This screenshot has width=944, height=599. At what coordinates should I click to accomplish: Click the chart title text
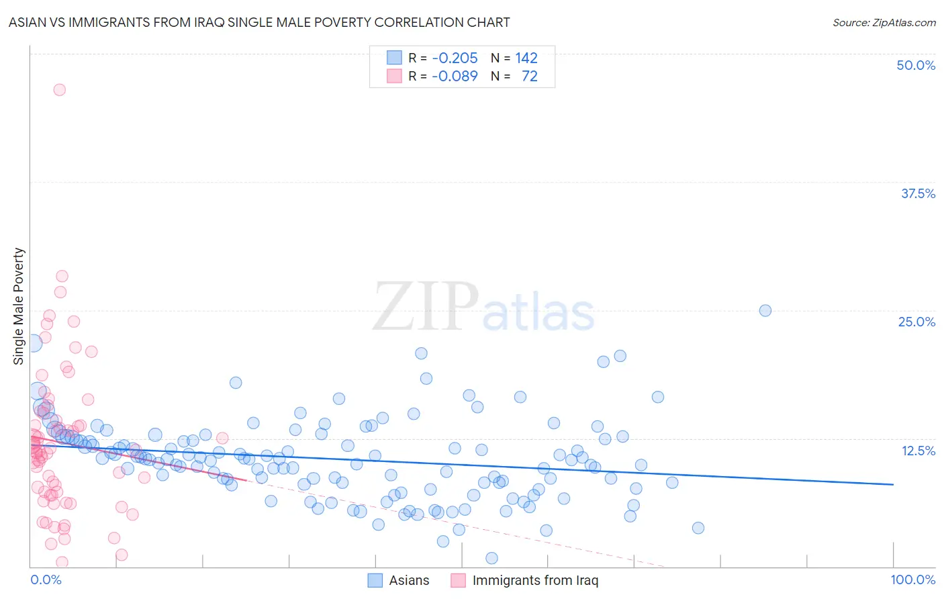259,22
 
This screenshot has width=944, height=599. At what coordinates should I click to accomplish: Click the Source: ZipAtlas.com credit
884,22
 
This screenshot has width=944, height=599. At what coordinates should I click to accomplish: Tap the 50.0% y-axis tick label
916,65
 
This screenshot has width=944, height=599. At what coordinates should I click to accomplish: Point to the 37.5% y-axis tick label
918,193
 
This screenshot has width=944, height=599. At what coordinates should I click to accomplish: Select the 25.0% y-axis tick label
916,322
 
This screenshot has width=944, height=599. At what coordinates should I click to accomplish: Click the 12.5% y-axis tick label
918,451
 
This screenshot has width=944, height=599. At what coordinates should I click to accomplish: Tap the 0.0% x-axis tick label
46,580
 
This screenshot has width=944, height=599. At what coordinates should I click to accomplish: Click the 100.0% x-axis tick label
912,580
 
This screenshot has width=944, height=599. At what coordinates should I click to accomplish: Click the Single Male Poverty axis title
19,306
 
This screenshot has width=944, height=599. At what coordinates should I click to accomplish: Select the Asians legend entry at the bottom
409,580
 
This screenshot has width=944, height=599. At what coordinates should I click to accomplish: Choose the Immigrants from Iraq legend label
535,580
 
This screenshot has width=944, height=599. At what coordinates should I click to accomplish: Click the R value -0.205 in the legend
455,58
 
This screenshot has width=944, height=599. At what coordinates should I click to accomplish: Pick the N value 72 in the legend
530,76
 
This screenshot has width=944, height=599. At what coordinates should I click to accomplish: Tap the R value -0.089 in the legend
455,76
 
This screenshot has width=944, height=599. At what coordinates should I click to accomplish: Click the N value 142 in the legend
526,58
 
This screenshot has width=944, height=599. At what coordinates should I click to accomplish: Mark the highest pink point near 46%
59,90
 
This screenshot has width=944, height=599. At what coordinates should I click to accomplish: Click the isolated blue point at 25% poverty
765,310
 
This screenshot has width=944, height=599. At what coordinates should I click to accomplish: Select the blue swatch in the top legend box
394,58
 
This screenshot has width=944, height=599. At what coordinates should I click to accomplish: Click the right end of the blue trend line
893,484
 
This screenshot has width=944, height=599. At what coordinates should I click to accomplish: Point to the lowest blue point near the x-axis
491,558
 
